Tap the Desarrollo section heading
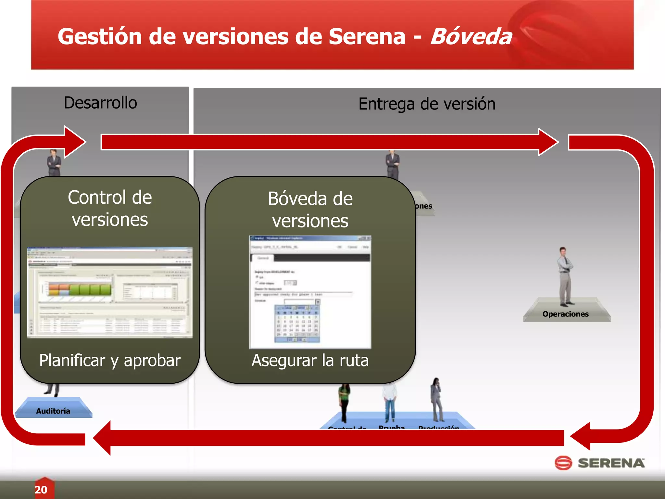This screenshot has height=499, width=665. [100, 103]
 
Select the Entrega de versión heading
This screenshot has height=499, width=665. [427, 104]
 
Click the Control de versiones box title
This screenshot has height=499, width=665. [110, 208]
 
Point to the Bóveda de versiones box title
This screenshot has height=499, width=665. [310, 210]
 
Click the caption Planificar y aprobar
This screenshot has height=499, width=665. [110, 360]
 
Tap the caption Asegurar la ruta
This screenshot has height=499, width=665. [310, 360]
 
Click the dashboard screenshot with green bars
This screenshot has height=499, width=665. [110, 292]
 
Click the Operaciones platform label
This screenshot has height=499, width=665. [565, 314]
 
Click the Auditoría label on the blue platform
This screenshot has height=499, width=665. [53, 411]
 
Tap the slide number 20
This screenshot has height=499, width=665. [41, 490]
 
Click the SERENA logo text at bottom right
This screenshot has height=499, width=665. [611, 463]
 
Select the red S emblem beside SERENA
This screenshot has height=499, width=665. [563, 463]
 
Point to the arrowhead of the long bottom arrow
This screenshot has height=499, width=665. [102, 438]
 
